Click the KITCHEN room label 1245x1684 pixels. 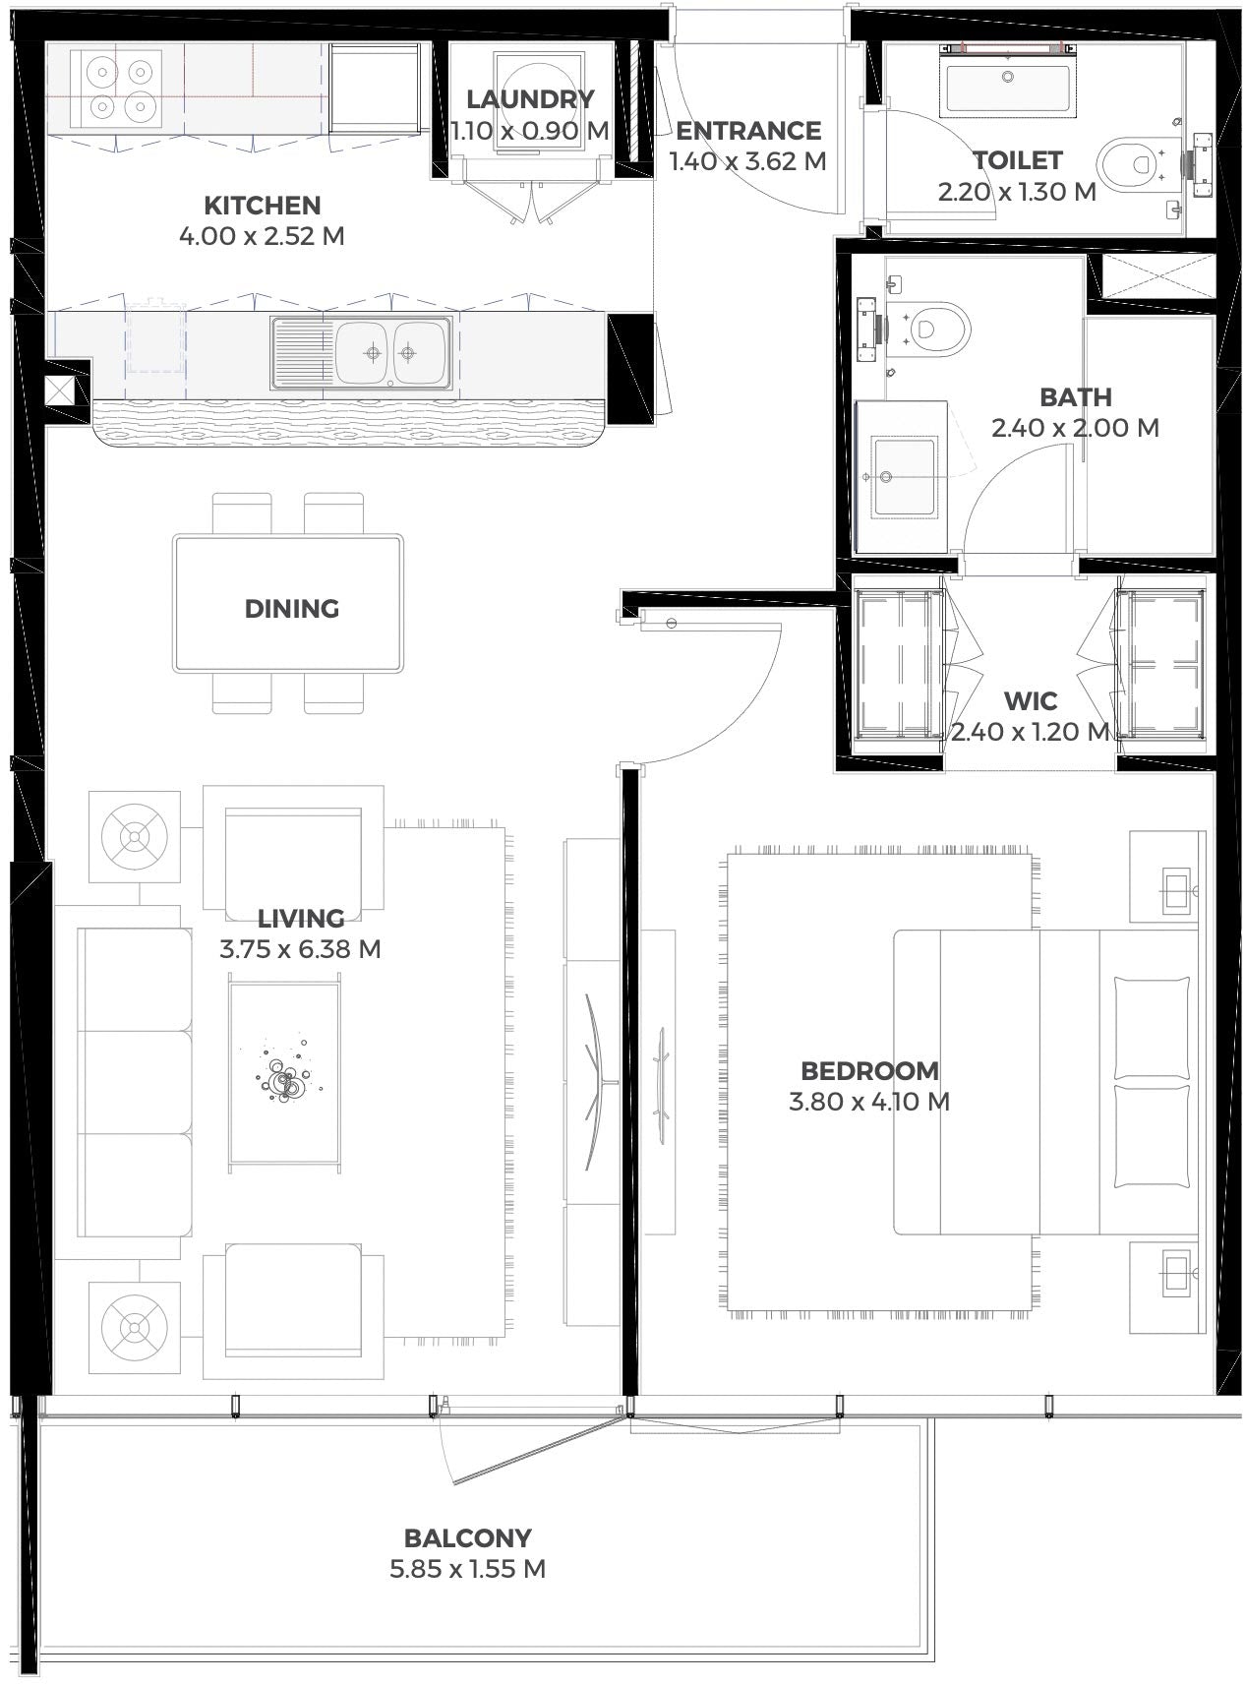pyautogui.click(x=263, y=206)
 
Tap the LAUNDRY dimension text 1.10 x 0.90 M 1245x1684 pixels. pyautogui.click(x=531, y=130)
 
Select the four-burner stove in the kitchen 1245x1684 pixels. pyautogui.click(x=116, y=87)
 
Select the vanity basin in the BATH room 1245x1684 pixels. pyautogui.click(x=902, y=476)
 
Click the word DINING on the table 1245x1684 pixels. pyautogui.click(x=292, y=609)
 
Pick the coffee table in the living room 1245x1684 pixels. pyautogui.click(x=285, y=1072)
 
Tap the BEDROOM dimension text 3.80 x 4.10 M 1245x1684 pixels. pyautogui.click(x=869, y=1102)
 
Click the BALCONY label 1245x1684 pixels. pyautogui.click(x=468, y=1537)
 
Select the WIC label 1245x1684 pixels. pyautogui.click(x=1031, y=701)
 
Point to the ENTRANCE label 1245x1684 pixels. pyautogui.click(x=748, y=131)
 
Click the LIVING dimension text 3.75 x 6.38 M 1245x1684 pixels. pyautogui.click(x=300, y=949)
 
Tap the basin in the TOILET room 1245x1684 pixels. pyautogui.click(x=1007, y=79)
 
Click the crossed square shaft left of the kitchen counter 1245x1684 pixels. pyautogui.click(x=60, y=391)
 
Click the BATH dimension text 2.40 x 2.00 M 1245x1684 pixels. pyautogui.click(x=1076, y=428)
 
